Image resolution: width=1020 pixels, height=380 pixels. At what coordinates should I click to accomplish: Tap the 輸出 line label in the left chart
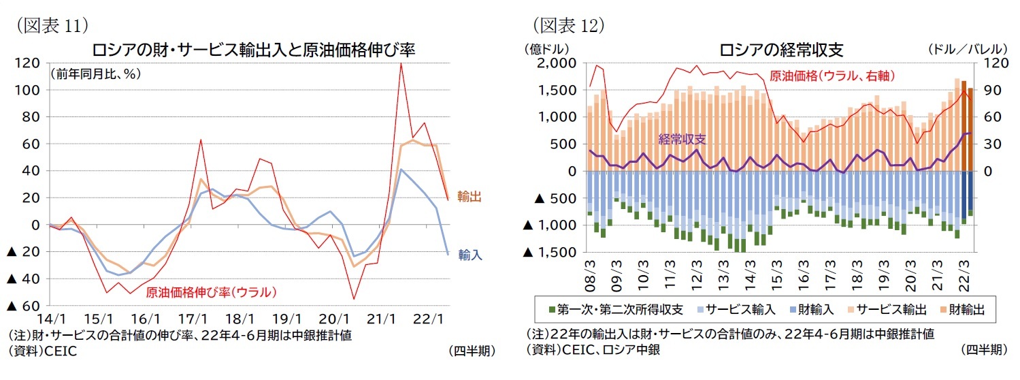tap(470, 197)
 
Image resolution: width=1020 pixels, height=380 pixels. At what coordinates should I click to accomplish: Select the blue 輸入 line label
tap(470, 255)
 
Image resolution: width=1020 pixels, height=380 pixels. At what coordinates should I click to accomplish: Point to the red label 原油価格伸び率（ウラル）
tap(212, 293)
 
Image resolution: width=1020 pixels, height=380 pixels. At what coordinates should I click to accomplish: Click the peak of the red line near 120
tap(401, 64)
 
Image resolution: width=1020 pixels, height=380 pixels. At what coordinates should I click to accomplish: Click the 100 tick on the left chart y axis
tap(30, 90)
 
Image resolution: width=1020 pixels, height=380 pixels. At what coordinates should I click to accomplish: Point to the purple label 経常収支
tap(682, 138)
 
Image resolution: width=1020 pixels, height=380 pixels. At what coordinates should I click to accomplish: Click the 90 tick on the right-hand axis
tap(989, 90)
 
